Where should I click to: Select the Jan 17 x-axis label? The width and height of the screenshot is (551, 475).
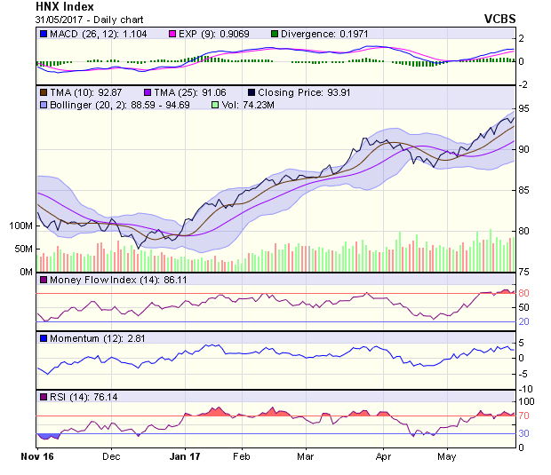[184, 456]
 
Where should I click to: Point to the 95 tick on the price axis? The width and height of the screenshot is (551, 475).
[524, 108]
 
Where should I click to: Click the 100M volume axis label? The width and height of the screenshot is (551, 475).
[20, 226]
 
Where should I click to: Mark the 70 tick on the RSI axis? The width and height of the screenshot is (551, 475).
[524, 416]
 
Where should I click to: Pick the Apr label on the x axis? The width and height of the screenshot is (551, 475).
[383, 456]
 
